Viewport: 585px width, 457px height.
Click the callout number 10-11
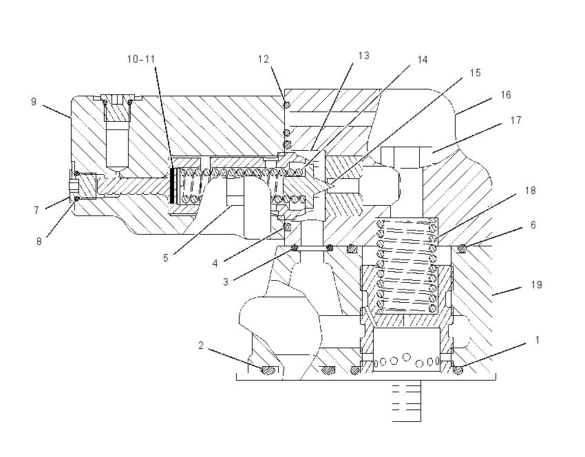click(x=141, y=59)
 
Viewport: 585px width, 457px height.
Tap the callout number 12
click(x=264, y=59)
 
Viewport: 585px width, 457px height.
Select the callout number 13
click(x=364, y=56)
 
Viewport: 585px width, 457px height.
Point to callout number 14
click(x=423, y=60)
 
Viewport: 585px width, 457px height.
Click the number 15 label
click(x=476, y=73)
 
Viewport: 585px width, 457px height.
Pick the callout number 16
click(x=506, y=95)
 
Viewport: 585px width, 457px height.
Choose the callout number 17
click(x=515, y=120)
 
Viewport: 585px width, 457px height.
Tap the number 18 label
click(x=530, y=191)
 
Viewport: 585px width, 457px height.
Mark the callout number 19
click(x=537, y=285)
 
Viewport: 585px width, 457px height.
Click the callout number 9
click(x=34, y=102)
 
